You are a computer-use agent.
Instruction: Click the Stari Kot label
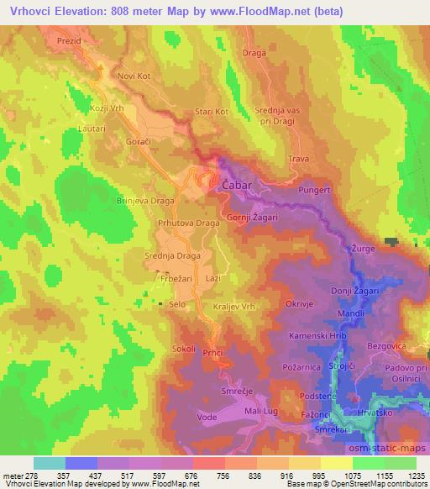(210, 111)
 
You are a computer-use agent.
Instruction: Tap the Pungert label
(315, 191)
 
